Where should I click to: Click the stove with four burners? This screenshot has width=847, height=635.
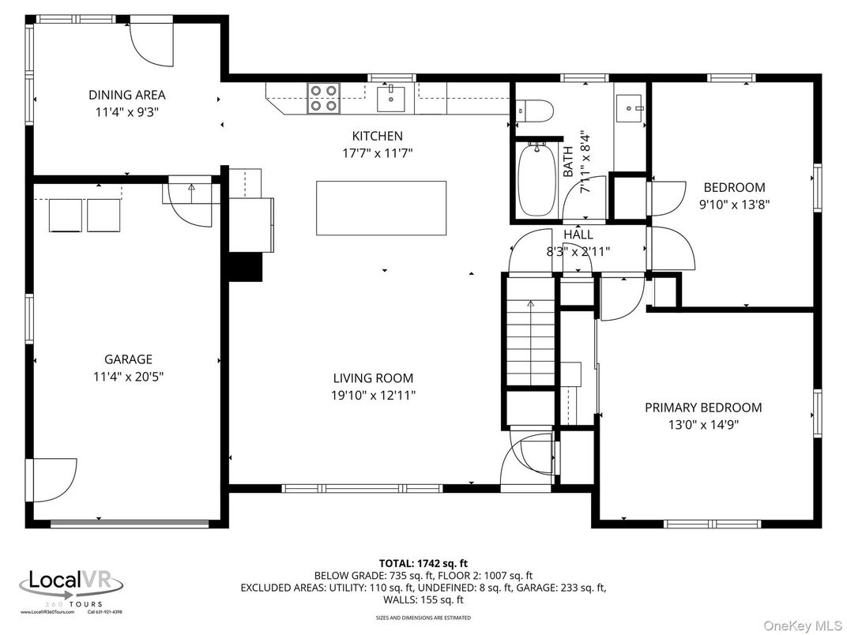pyautogui.click(x=323, y=98)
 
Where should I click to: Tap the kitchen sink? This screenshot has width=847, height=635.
pyautogui.click(x=390, y=99)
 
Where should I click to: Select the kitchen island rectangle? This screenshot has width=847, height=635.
pyautogui.click(x=381, y=208)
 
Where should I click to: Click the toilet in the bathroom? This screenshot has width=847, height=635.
pyautogui.click(x=532, y=111)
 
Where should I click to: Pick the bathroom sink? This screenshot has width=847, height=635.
pyautogui.click(x=630, y=104)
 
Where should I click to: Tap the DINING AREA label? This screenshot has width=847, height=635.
pyautogui.click(x=126, y=96)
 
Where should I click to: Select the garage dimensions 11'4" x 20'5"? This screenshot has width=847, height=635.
pyautogui.click(x=127, y=376)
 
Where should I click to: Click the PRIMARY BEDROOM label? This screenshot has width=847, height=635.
pyautogui.click(x=703, y=408)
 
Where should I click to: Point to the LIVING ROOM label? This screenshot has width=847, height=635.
pyautogui.click(x=373, y=378)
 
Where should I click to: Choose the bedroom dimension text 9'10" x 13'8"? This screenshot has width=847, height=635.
pyautogui.click(x=734, y=204)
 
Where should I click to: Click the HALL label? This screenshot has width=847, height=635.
pyautogui.click(x=578, y=235)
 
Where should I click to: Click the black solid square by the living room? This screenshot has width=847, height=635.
pyautogui.click(x=245, y=267)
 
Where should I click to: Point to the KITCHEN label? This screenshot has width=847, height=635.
pyautogui.click(x=377, y=136)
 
